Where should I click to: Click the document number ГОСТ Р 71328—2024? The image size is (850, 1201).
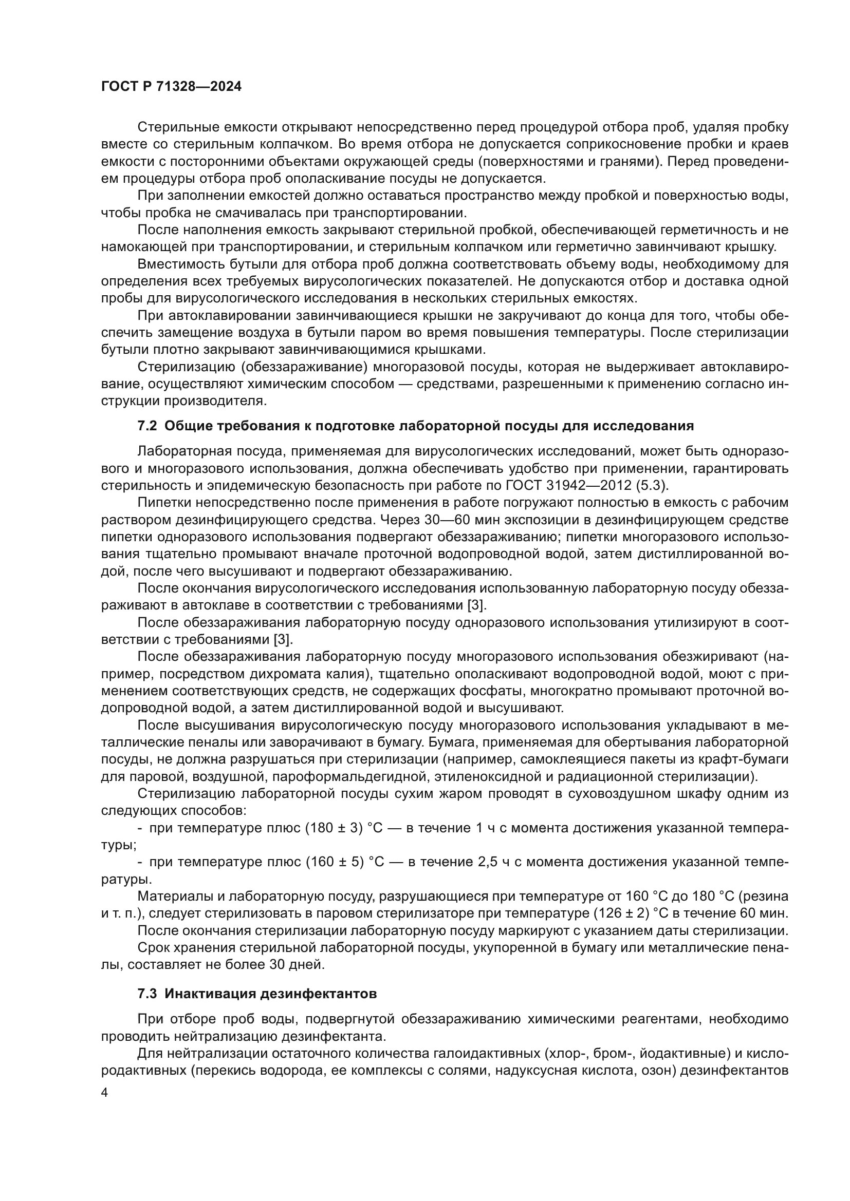171,87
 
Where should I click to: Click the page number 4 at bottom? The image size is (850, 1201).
105,1093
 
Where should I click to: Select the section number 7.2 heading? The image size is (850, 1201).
147,426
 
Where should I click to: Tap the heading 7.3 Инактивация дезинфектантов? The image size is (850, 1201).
257,994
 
